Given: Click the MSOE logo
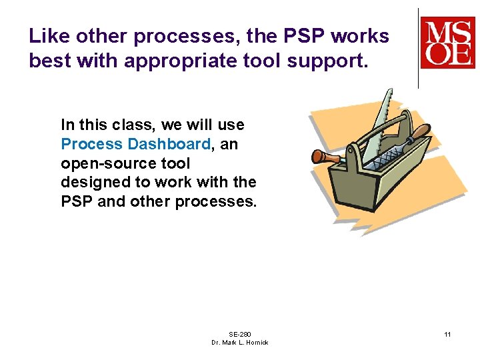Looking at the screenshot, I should (447, 43).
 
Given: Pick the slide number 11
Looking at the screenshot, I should (447, 333).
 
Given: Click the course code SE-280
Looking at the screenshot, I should (239, 333).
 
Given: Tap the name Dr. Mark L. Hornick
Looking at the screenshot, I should (239, 342).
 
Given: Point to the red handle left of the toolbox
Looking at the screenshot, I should (325, 157).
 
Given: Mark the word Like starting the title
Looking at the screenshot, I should (49, 36).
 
